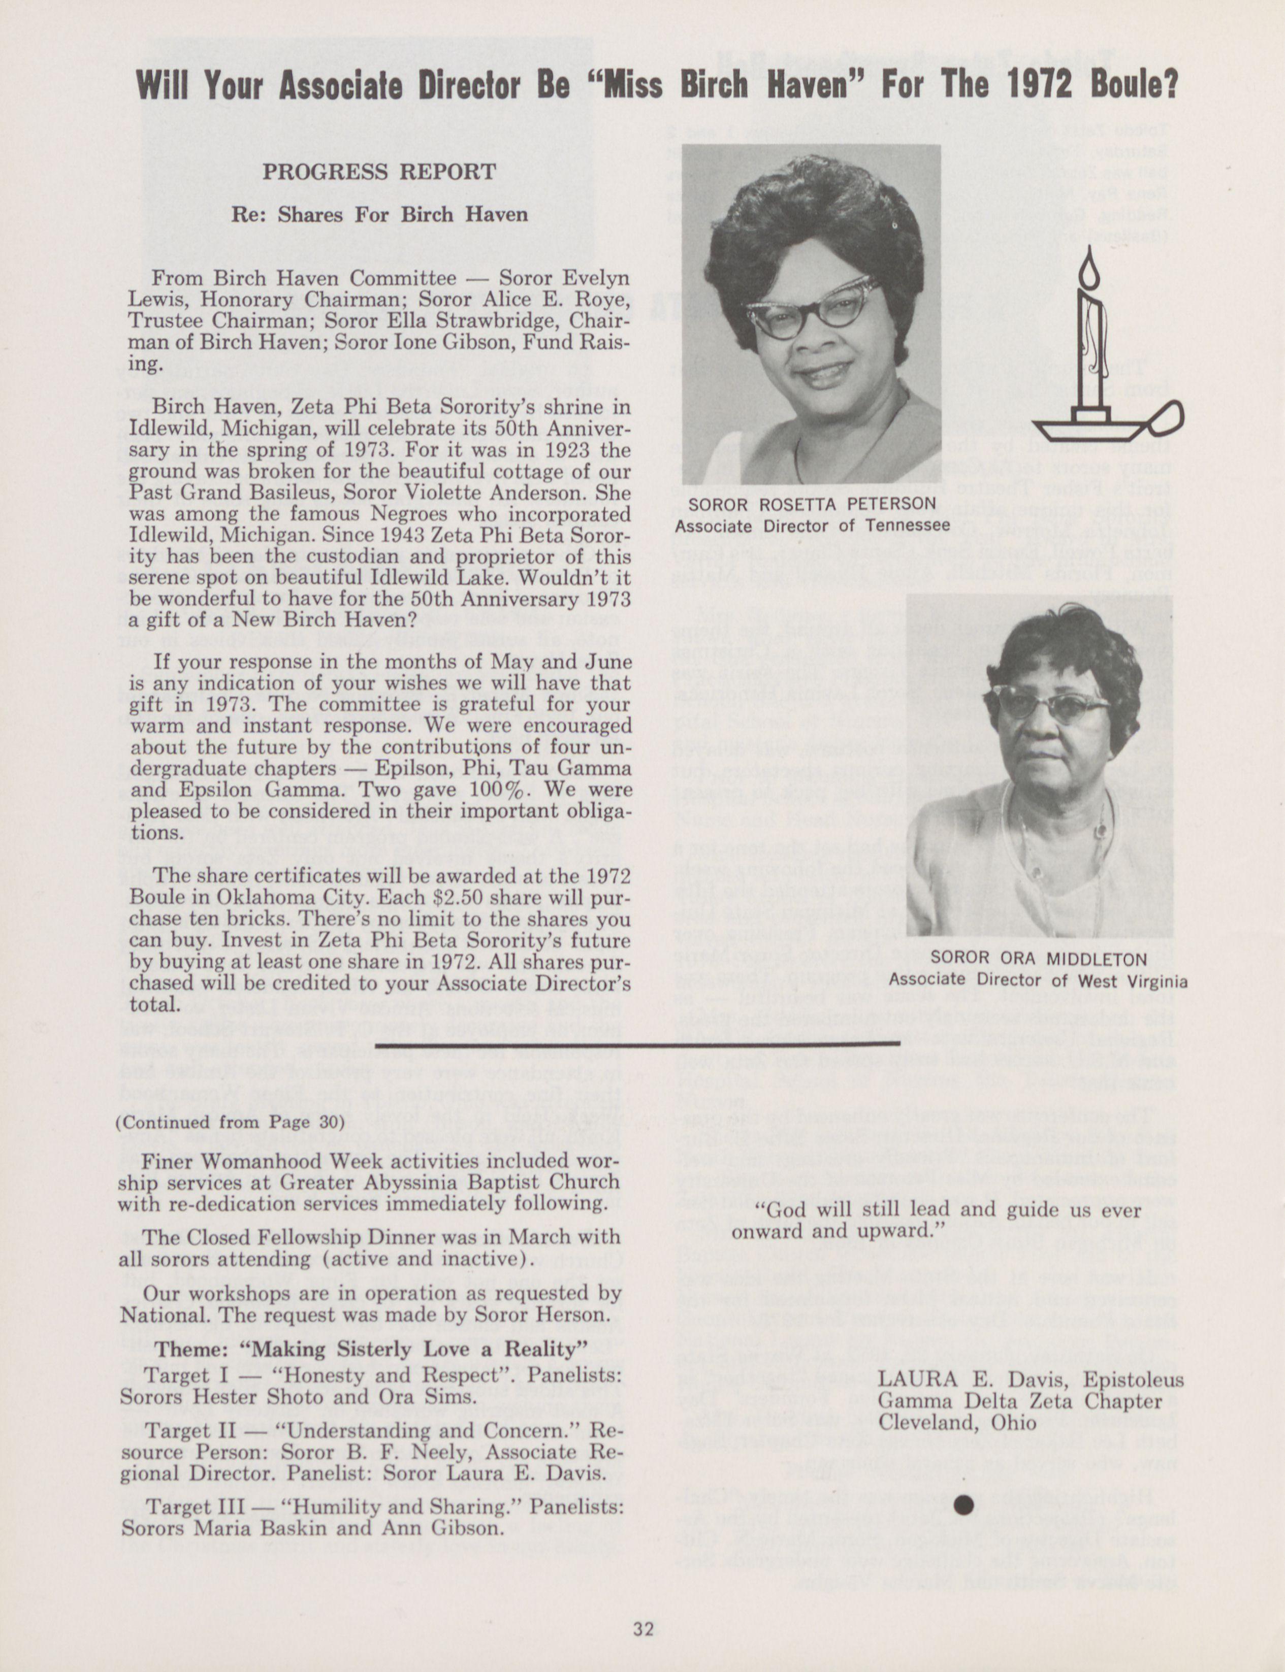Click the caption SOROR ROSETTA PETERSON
click(x=812, y=504)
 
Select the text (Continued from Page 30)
click(x=230, y=1122)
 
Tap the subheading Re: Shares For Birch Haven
click(x=379, y=214)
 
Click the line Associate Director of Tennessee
click(x=812, y=526)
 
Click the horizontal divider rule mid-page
click(x=637, y=1043)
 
